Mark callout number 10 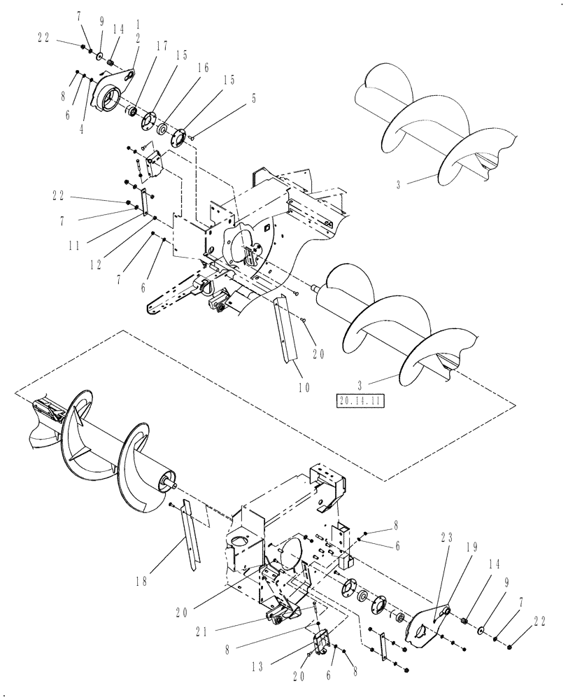303,385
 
